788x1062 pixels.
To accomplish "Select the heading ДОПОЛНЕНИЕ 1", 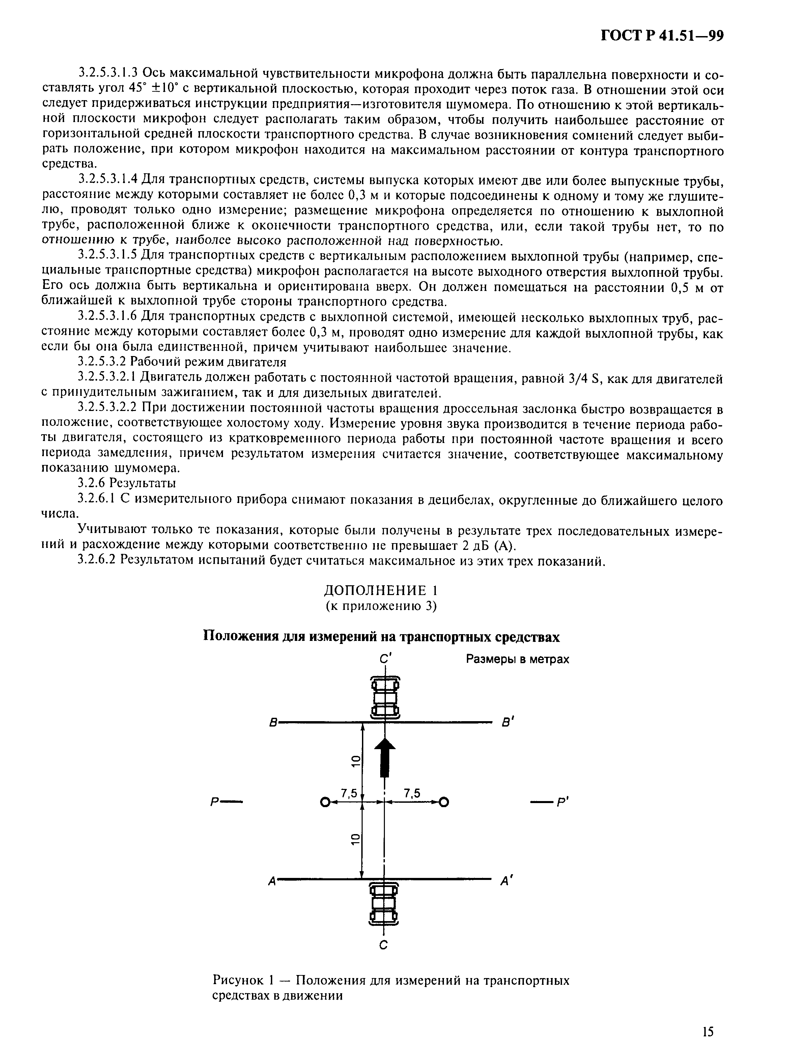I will pos(381,591).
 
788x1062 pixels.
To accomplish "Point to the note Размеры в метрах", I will pos(517,659).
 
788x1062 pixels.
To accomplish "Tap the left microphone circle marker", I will pos(325,803).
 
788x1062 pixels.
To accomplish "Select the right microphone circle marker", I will pos(444,803).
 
